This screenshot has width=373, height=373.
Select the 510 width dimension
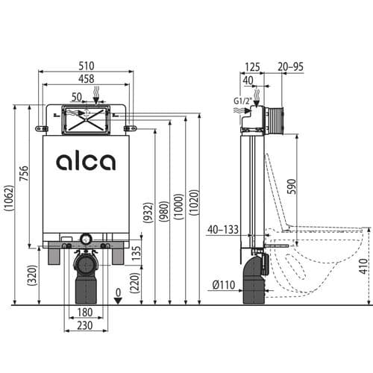click(86, 65)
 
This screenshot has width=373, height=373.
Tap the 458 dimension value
click(86, 78)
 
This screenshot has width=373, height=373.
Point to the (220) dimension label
click(137, 283)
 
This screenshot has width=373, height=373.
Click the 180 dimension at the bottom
click(86, 311)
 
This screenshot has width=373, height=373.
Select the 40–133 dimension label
click(224, 229)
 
